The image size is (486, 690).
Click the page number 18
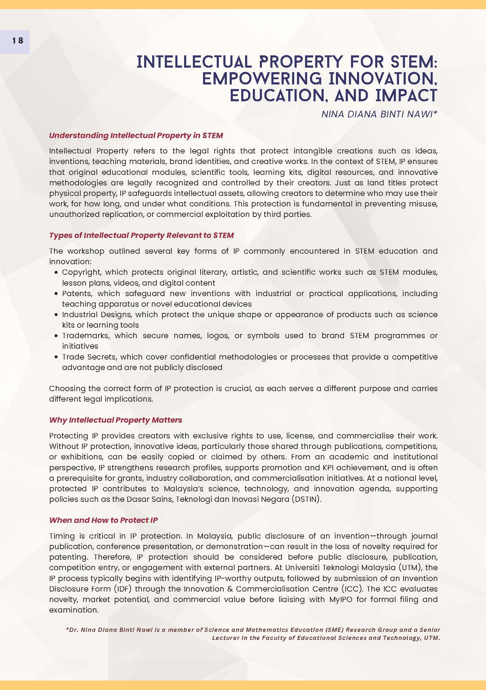(x=18, y=41)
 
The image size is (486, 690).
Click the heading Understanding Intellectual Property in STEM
(x=136, y=136)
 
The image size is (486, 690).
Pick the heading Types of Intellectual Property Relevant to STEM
(x=141, y=235)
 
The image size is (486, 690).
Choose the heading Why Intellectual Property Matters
(x=116, y=420)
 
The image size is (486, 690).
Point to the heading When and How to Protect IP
(x=103, y=520)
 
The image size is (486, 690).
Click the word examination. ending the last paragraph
(x=74, y=610)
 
